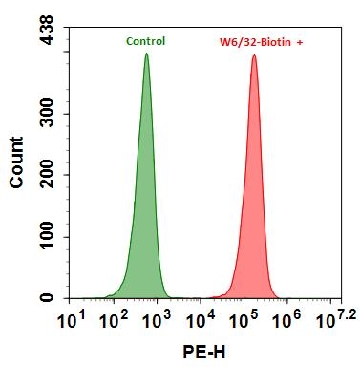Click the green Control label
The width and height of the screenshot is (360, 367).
click(x=145, y=41)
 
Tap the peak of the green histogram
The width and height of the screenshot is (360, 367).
click(x=146, y=54)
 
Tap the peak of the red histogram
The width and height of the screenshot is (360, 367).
click(x=254, y=56)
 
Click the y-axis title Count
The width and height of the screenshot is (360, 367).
click(x=18, y=162)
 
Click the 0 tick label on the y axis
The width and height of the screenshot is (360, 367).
click(x=49, y=298)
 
